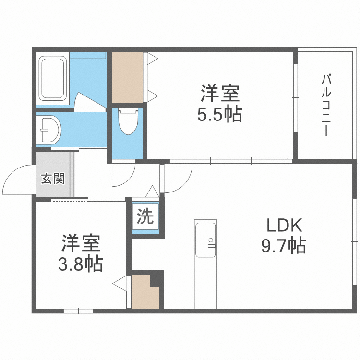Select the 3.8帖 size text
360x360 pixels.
coord(81,264)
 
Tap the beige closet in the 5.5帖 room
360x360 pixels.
coord(127,77)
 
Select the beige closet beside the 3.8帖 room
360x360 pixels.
coord(144,292)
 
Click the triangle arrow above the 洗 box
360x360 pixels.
coord(152,191)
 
